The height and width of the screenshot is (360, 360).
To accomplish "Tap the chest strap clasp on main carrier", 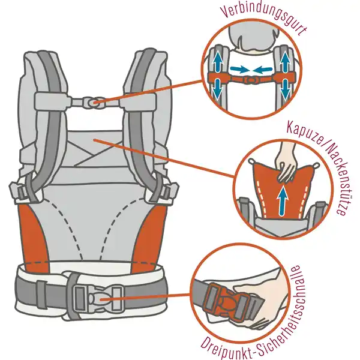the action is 93,103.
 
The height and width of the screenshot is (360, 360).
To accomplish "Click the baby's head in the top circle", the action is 252,39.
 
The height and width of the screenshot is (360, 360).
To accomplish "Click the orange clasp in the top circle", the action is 251,80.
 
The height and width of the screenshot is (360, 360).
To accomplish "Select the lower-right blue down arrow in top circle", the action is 286,90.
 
